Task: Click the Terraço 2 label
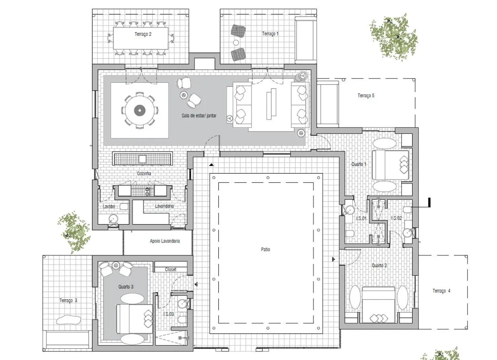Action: [x=143, y=35]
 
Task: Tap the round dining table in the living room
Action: [x=139, y=110]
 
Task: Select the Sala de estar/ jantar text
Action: [x=199, y=115]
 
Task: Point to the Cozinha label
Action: [x=144, y=174]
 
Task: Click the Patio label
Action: [x=265, y=250]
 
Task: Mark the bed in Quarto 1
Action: [x=390, y=165]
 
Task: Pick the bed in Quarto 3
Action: [x=134, y=319]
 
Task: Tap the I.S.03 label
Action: [x=168, y=314]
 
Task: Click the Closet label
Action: [x=171, y=270]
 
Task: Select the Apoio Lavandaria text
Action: [x=164, y=241]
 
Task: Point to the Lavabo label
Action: [x=109, y=207]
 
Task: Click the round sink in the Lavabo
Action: [x=113, y=219]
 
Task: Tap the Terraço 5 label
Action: [x=366, y=96]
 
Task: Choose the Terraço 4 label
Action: [x=441, y=291]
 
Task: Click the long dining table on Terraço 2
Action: [x=140, y=39]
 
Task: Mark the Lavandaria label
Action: [x=164, y=206]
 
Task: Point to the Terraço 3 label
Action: [x=68, y=301]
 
